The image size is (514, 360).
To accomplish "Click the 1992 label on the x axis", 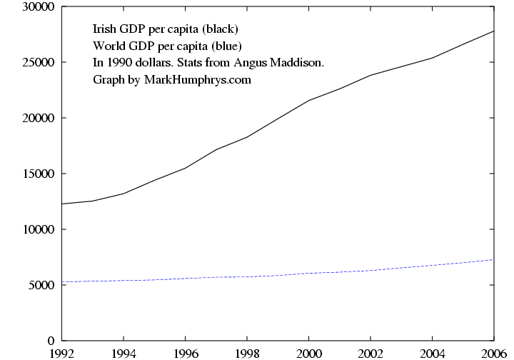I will click(63, 352).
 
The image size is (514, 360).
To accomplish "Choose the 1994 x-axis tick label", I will click(124, 352).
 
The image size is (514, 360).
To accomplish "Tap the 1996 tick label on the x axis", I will click(186, 352).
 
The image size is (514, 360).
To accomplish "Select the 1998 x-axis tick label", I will click(247, 352).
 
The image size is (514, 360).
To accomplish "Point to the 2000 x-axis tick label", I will click(308, 352).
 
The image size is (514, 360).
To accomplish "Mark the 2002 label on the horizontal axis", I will click(371, 352).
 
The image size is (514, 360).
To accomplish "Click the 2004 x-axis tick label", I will click(432, 352).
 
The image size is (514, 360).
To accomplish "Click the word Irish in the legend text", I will click(105, 30).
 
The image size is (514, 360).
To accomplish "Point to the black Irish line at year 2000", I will click(308, 101).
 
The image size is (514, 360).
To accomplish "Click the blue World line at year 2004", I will click(432, 265).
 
